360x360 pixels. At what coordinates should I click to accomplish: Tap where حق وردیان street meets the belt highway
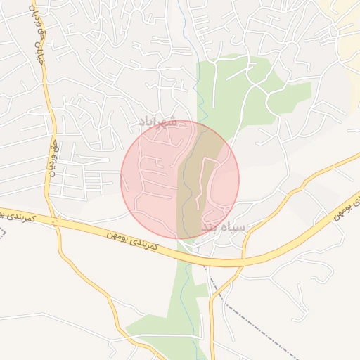(55, 221)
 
